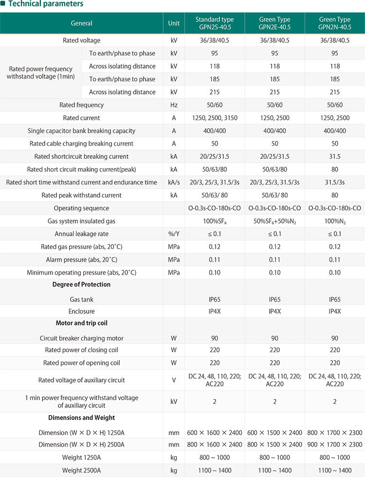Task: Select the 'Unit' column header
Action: point(174,23)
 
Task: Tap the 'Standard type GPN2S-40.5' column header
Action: point(214,23)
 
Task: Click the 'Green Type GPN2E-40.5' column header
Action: point(274,23)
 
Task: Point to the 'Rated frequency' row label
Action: point(81,105)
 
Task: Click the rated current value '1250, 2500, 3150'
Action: point(214,118)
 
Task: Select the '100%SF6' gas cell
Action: point(214,221)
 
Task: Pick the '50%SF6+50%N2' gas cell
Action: point(274,221)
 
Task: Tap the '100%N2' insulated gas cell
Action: point(335,221)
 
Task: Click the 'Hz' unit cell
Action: point(174,105)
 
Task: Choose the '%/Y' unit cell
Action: point(174,234)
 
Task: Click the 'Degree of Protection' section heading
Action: point(81,285)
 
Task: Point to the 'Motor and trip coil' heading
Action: point(81,323)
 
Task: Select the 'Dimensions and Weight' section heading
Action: point(81,418)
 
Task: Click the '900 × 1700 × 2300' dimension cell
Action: point(335,444)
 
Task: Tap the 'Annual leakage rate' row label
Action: point(81,234)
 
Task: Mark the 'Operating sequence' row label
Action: point(81,208)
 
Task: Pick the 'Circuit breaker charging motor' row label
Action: point(81,338)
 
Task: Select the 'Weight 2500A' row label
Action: point(81,470)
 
